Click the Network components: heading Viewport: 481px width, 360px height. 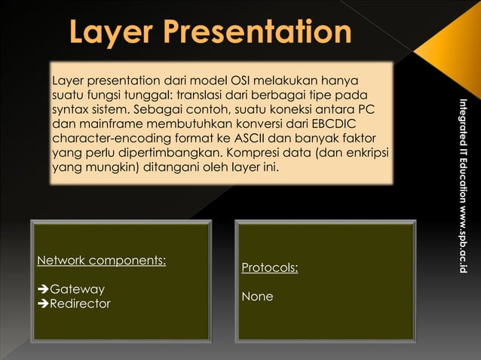[102, 261]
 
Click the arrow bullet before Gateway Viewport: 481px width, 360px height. [43, 289]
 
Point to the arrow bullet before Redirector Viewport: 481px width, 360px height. [43, 304]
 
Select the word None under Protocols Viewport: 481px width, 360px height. [257, 297]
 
